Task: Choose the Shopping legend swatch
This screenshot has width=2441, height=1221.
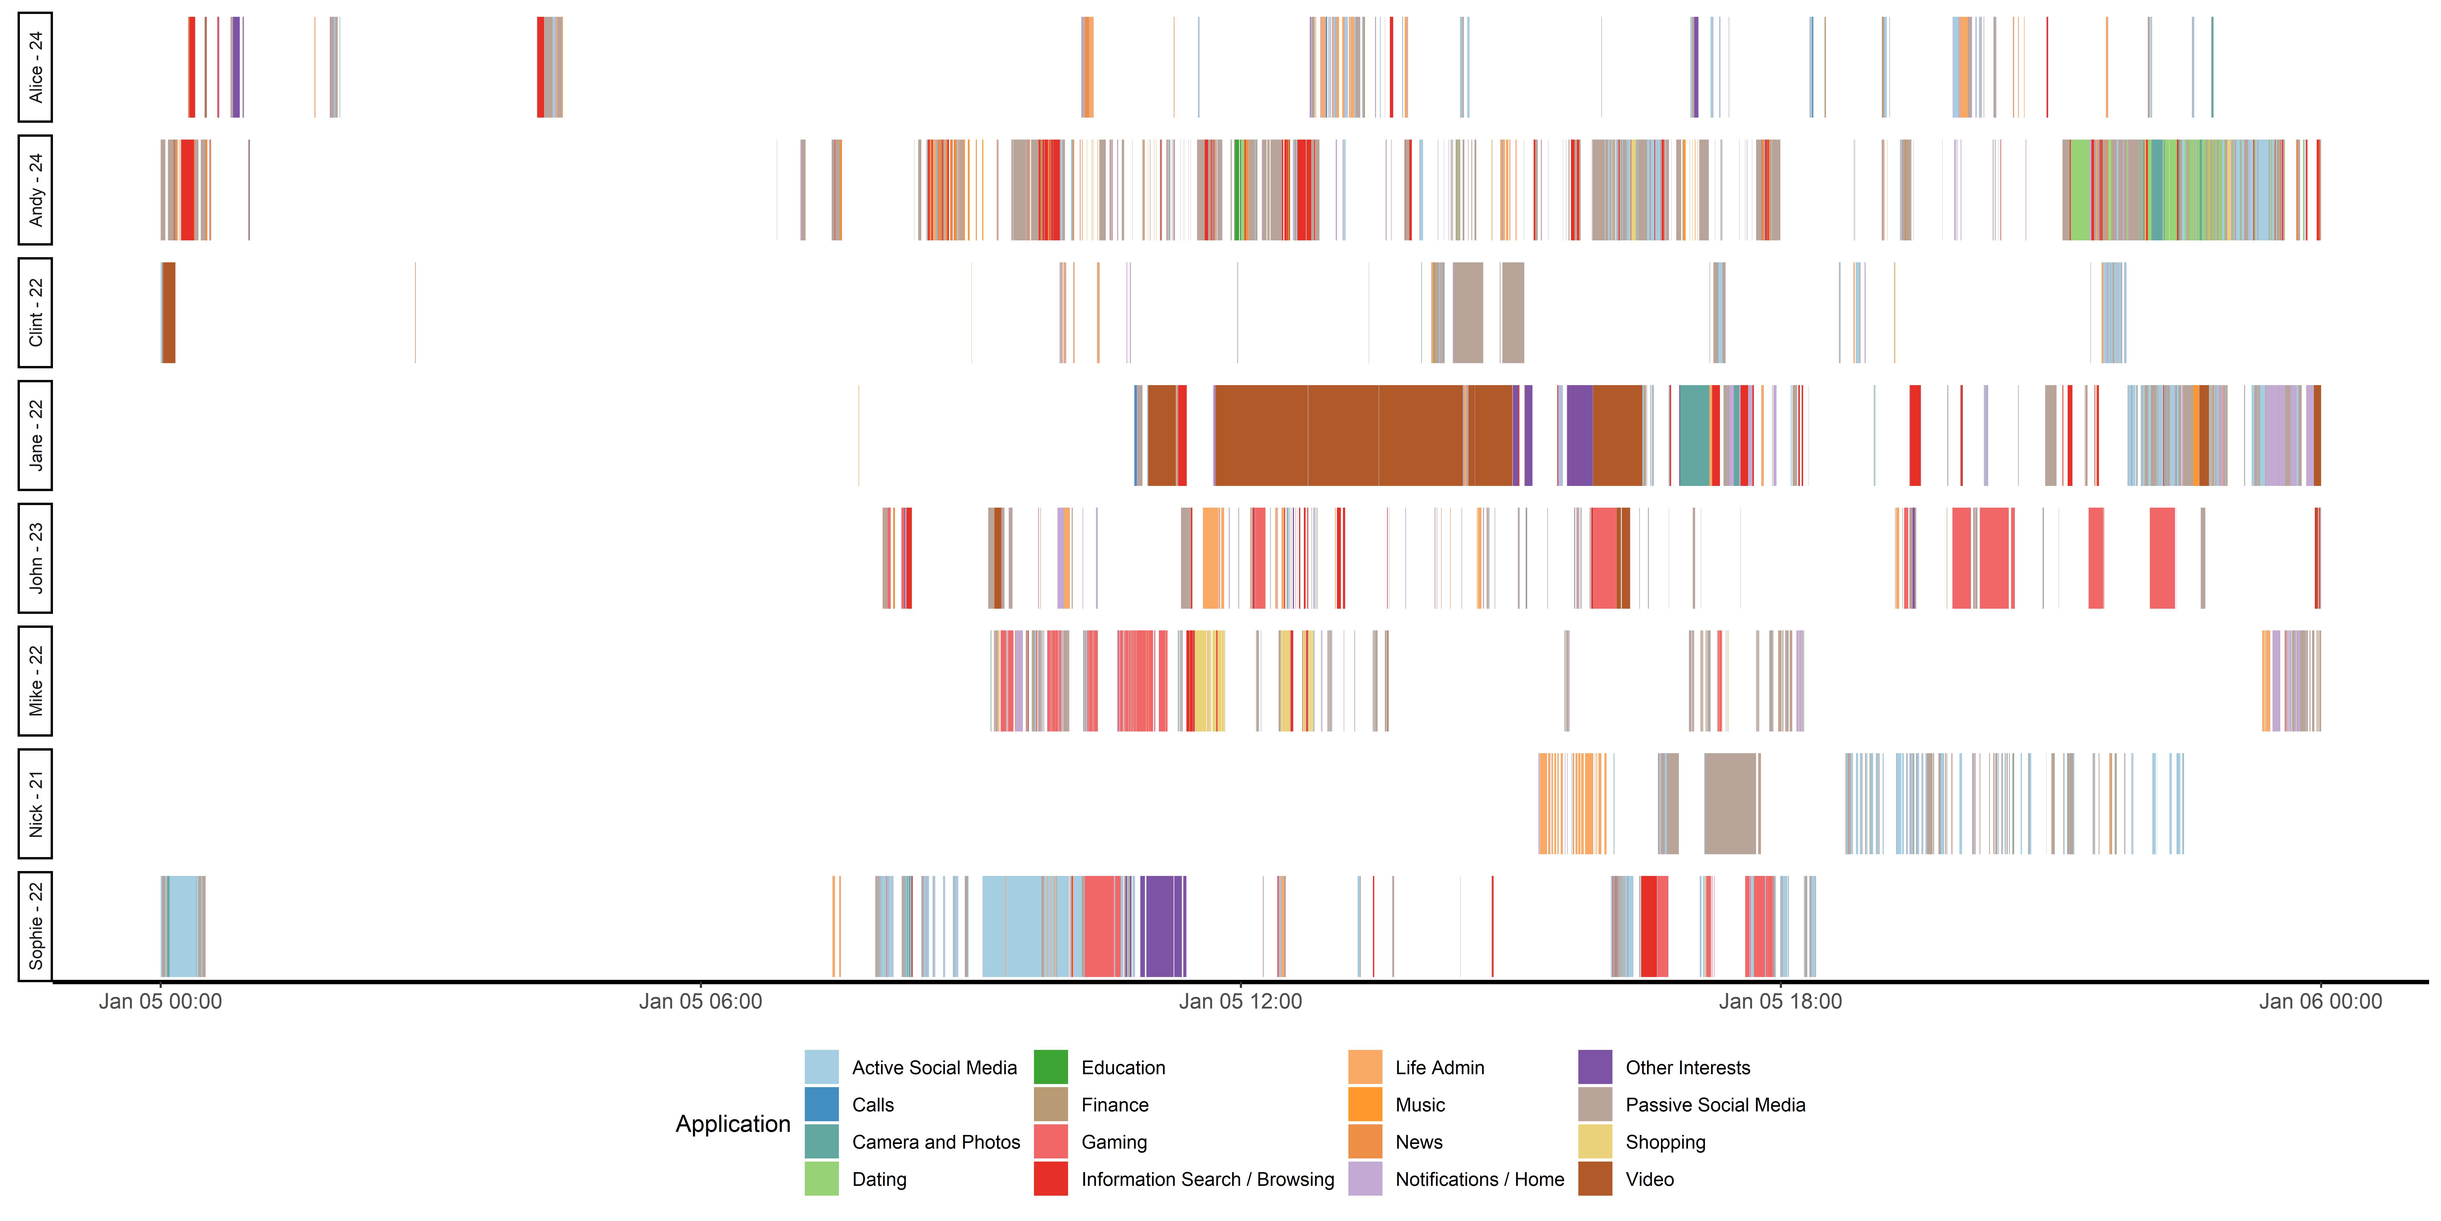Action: [x=1595, y=1141]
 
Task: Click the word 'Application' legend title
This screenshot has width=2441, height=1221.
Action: [x=732, y=1124]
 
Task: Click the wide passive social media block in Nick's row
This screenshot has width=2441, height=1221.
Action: [x=1730, y=804]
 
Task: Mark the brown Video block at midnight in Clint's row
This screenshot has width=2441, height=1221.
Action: [x=169, y=313]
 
